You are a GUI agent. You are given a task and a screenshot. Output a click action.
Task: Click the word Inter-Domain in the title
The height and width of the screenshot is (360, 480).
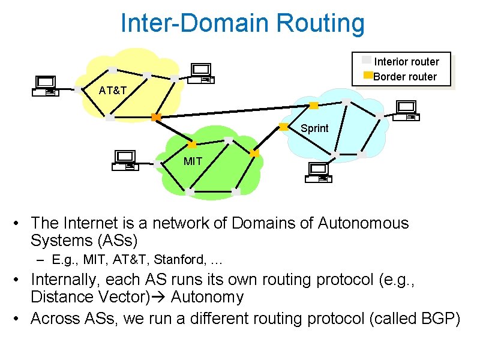195,23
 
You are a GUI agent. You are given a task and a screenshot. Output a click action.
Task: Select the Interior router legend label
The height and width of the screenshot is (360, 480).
406,62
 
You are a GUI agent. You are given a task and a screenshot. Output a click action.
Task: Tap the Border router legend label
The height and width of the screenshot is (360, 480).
405,76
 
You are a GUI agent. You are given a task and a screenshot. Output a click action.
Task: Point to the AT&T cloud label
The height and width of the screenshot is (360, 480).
113,91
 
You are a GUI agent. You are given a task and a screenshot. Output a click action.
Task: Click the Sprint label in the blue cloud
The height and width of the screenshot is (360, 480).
314,128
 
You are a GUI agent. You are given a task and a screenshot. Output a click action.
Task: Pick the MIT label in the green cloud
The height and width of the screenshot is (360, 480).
193,161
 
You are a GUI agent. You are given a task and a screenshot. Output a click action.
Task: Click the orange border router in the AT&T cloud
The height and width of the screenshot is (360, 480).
156,117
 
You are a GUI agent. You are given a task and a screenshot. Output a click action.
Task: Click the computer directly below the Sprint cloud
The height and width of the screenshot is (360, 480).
318,172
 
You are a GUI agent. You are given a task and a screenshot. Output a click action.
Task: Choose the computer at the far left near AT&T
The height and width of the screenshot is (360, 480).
45,86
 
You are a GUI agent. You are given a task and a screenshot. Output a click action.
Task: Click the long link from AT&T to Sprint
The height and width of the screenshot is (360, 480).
234,112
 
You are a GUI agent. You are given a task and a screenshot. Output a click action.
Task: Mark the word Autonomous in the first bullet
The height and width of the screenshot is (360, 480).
363,223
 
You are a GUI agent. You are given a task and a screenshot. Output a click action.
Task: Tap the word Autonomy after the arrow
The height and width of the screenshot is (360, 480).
208,297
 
